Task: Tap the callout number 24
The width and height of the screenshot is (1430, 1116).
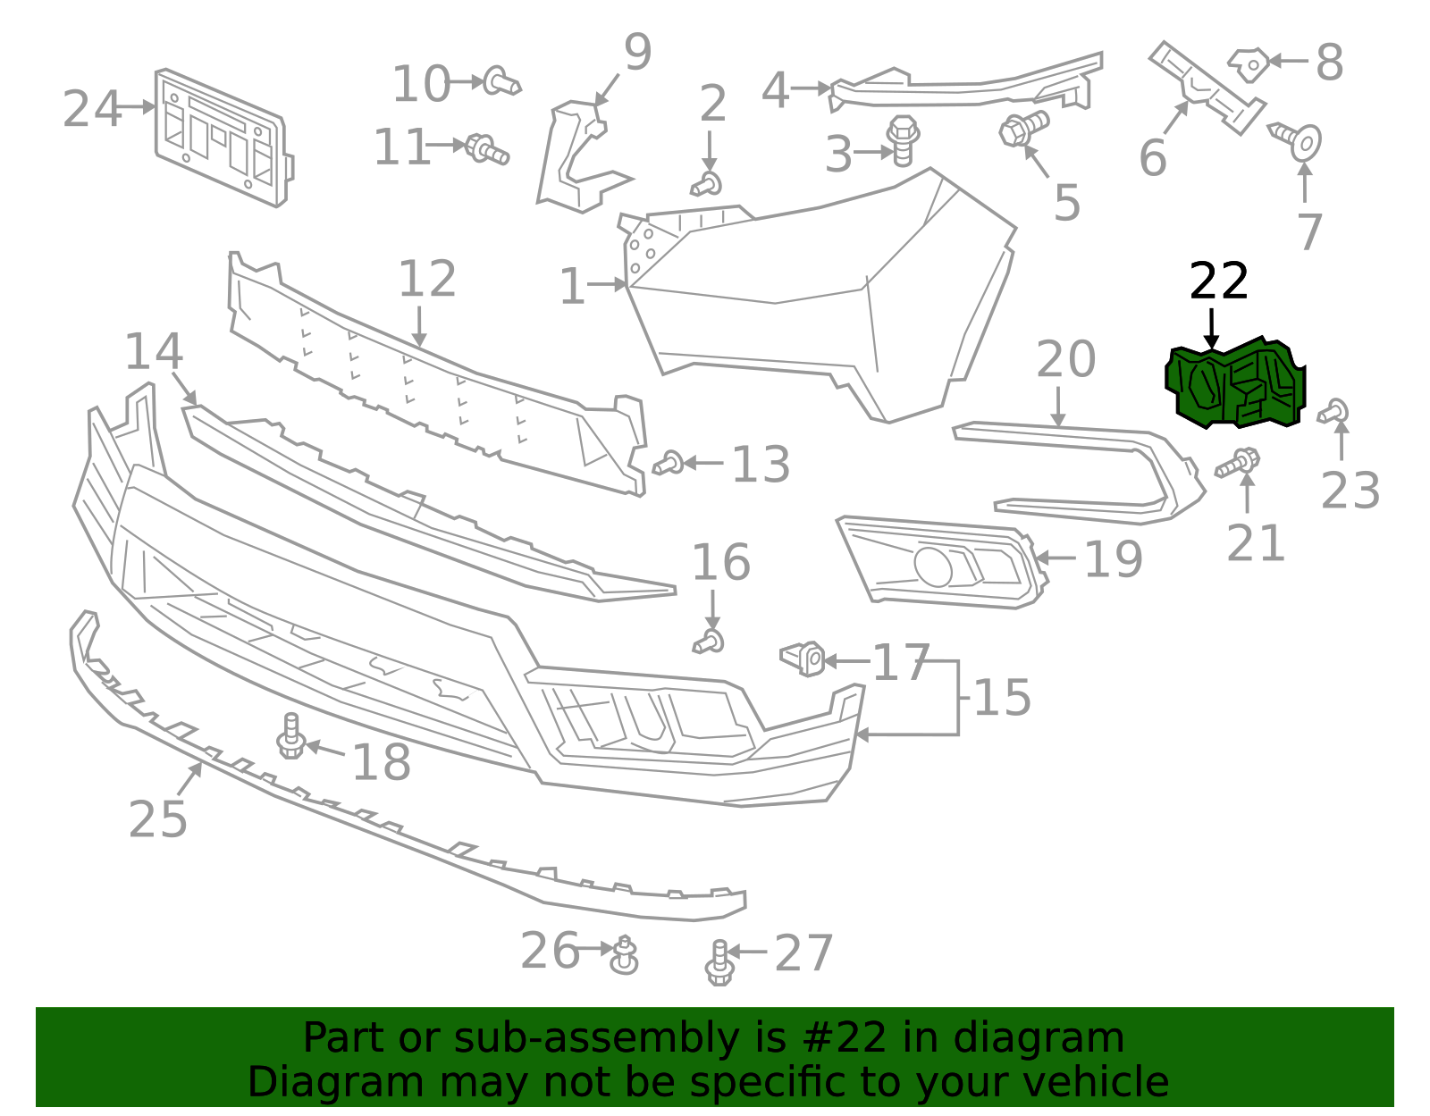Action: [x=91, y=109]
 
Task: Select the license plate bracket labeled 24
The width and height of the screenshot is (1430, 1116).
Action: [x=223, y=138]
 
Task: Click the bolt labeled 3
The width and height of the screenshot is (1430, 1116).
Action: [x=903, y=140]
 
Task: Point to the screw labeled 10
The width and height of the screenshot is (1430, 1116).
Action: [x=501, y=82]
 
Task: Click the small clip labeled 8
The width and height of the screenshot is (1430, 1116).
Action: [x=1249, y=64]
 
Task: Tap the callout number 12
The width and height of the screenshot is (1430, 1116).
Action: [x=427, y=280]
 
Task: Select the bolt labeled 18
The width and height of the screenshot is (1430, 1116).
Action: [x=291, y=737]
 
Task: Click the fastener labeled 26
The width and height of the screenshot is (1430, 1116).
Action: [x=624, y=955]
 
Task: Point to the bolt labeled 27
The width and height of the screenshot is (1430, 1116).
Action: [x=719, y=962]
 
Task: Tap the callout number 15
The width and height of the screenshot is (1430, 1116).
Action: [x=1002, y=697]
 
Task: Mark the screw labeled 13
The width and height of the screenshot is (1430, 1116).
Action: [x=669, y=463]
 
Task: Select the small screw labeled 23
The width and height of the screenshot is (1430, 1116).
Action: [x=1333, y=412]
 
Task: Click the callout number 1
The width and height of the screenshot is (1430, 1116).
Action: [x=571, y=287]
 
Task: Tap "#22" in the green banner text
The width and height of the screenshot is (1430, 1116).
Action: [x=845, y=1038]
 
